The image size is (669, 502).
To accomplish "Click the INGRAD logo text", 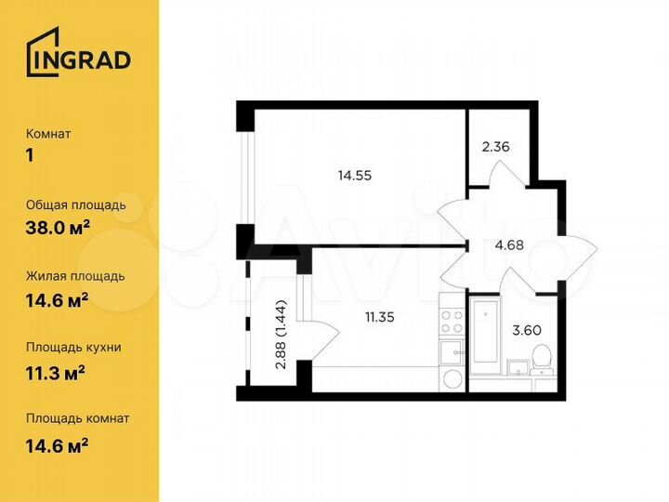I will point(90,60).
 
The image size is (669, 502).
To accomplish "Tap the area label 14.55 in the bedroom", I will point(355,173).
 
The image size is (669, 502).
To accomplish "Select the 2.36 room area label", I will point(496,146).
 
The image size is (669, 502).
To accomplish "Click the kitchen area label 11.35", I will point(381,315).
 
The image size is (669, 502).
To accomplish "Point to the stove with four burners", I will point(452,322).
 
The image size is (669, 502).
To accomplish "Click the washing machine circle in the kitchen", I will point(451,379).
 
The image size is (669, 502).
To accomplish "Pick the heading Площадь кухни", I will point(74,348).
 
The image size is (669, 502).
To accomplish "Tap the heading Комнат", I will point(48,134).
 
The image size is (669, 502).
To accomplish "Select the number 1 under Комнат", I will point(30,154).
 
